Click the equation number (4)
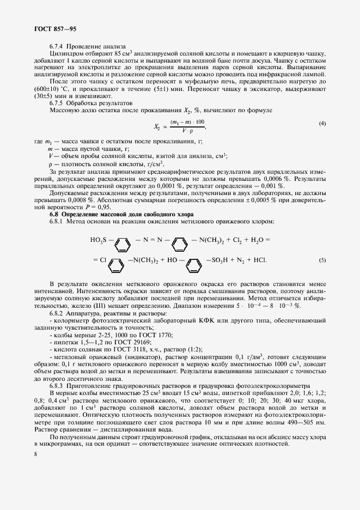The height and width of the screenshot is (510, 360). click(322, 124)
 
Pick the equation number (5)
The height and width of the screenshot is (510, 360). click(322, 260)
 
